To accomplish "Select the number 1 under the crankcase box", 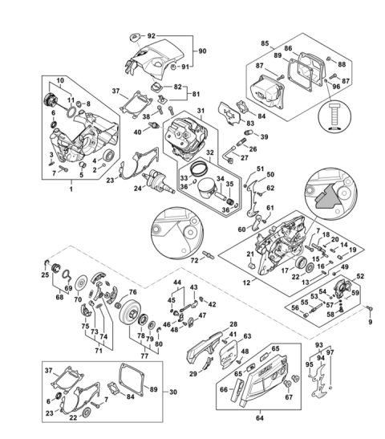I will tap(71, 187).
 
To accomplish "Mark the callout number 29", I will tap(192, 374).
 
